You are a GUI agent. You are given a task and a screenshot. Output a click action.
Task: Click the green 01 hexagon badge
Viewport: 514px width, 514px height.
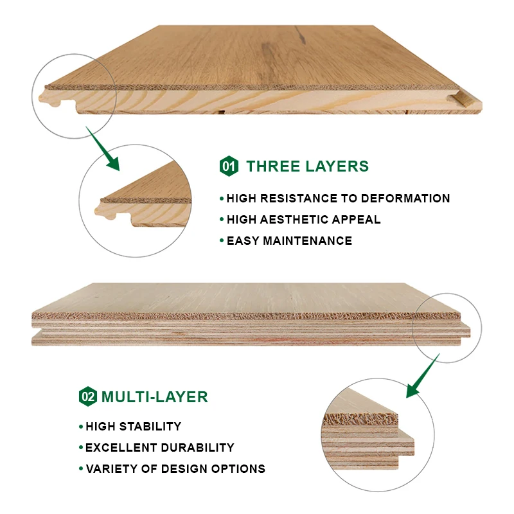(229, 166)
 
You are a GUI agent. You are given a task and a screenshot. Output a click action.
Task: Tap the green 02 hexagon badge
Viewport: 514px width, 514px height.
(87, 396)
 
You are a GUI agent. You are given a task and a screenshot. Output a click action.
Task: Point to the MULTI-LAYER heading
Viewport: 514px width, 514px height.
(154, 396)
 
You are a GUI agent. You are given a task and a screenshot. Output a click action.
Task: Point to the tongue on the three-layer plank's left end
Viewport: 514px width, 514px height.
(47, 98)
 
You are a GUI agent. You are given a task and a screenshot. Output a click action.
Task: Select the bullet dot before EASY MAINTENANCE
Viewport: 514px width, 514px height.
(222, 241)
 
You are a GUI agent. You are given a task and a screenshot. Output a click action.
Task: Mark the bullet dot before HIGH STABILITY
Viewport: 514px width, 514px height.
(81, 426)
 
